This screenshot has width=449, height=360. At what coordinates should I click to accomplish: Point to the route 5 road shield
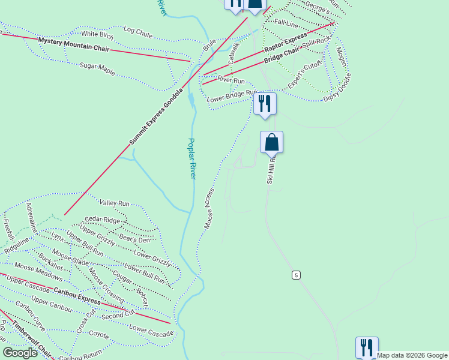click(x=296, y=275)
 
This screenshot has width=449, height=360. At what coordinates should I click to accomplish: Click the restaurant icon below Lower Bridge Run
click(x=264, y=103)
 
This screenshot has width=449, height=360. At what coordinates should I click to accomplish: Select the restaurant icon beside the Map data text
click(x=366, y=347)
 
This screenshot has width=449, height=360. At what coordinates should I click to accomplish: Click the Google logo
click(x=21, y=353)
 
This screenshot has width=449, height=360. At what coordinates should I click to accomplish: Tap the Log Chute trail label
click(x=137, y=31)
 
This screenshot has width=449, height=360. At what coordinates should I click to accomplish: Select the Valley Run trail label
click(x=115, y=204)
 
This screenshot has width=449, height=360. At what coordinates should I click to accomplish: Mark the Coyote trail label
click(x=98, y=334)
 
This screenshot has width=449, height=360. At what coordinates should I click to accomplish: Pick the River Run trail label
click(x=231, y=80)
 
